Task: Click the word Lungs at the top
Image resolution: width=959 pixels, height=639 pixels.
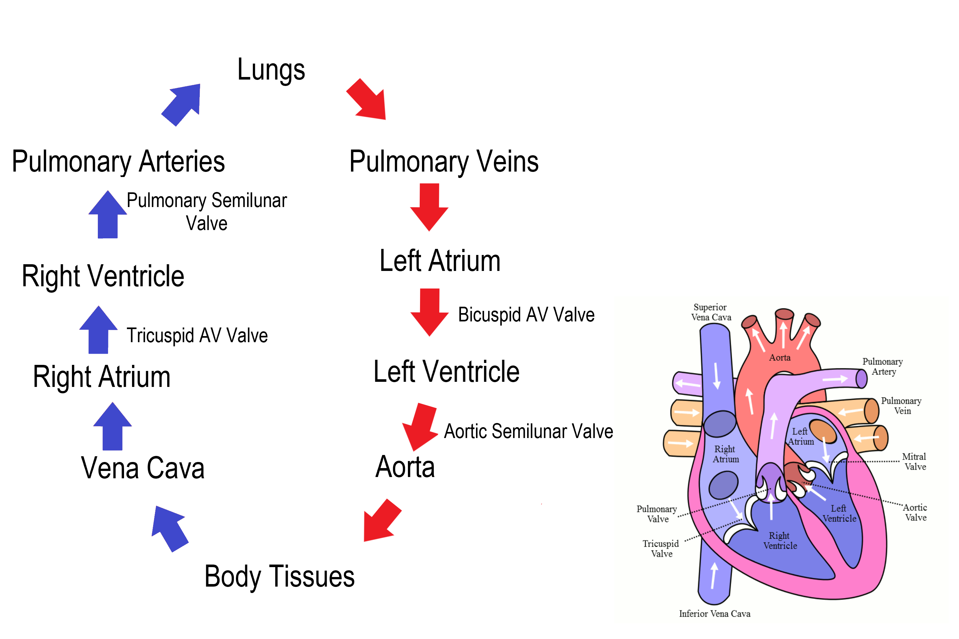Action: click(x=271, y=70)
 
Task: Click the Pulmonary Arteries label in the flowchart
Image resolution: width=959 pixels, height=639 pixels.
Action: click(x=118, y=162)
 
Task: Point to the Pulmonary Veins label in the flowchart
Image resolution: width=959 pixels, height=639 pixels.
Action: click(x=444, y=162)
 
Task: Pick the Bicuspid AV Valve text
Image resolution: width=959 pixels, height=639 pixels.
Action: click(x=526, y=315)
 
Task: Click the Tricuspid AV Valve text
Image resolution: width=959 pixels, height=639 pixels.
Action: click(x=197, y=336)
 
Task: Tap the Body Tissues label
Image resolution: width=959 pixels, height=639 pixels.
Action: click(x=279, y=577)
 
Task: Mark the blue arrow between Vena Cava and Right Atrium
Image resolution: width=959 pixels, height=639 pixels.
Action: click(x=113, y=426)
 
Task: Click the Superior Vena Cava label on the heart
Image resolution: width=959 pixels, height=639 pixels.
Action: click(x=711, y=312)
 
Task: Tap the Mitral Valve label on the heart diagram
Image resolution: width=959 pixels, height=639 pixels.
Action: click(x=915, y=462)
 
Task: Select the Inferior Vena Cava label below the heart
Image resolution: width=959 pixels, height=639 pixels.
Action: click(x=714, y=614)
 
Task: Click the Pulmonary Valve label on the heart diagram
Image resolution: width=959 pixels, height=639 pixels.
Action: click(x=657, y=514)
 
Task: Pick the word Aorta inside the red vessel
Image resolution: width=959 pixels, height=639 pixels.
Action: click(x=780, y=358)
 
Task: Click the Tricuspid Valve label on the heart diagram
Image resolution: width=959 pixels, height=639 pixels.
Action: click(x=661, y=549)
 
